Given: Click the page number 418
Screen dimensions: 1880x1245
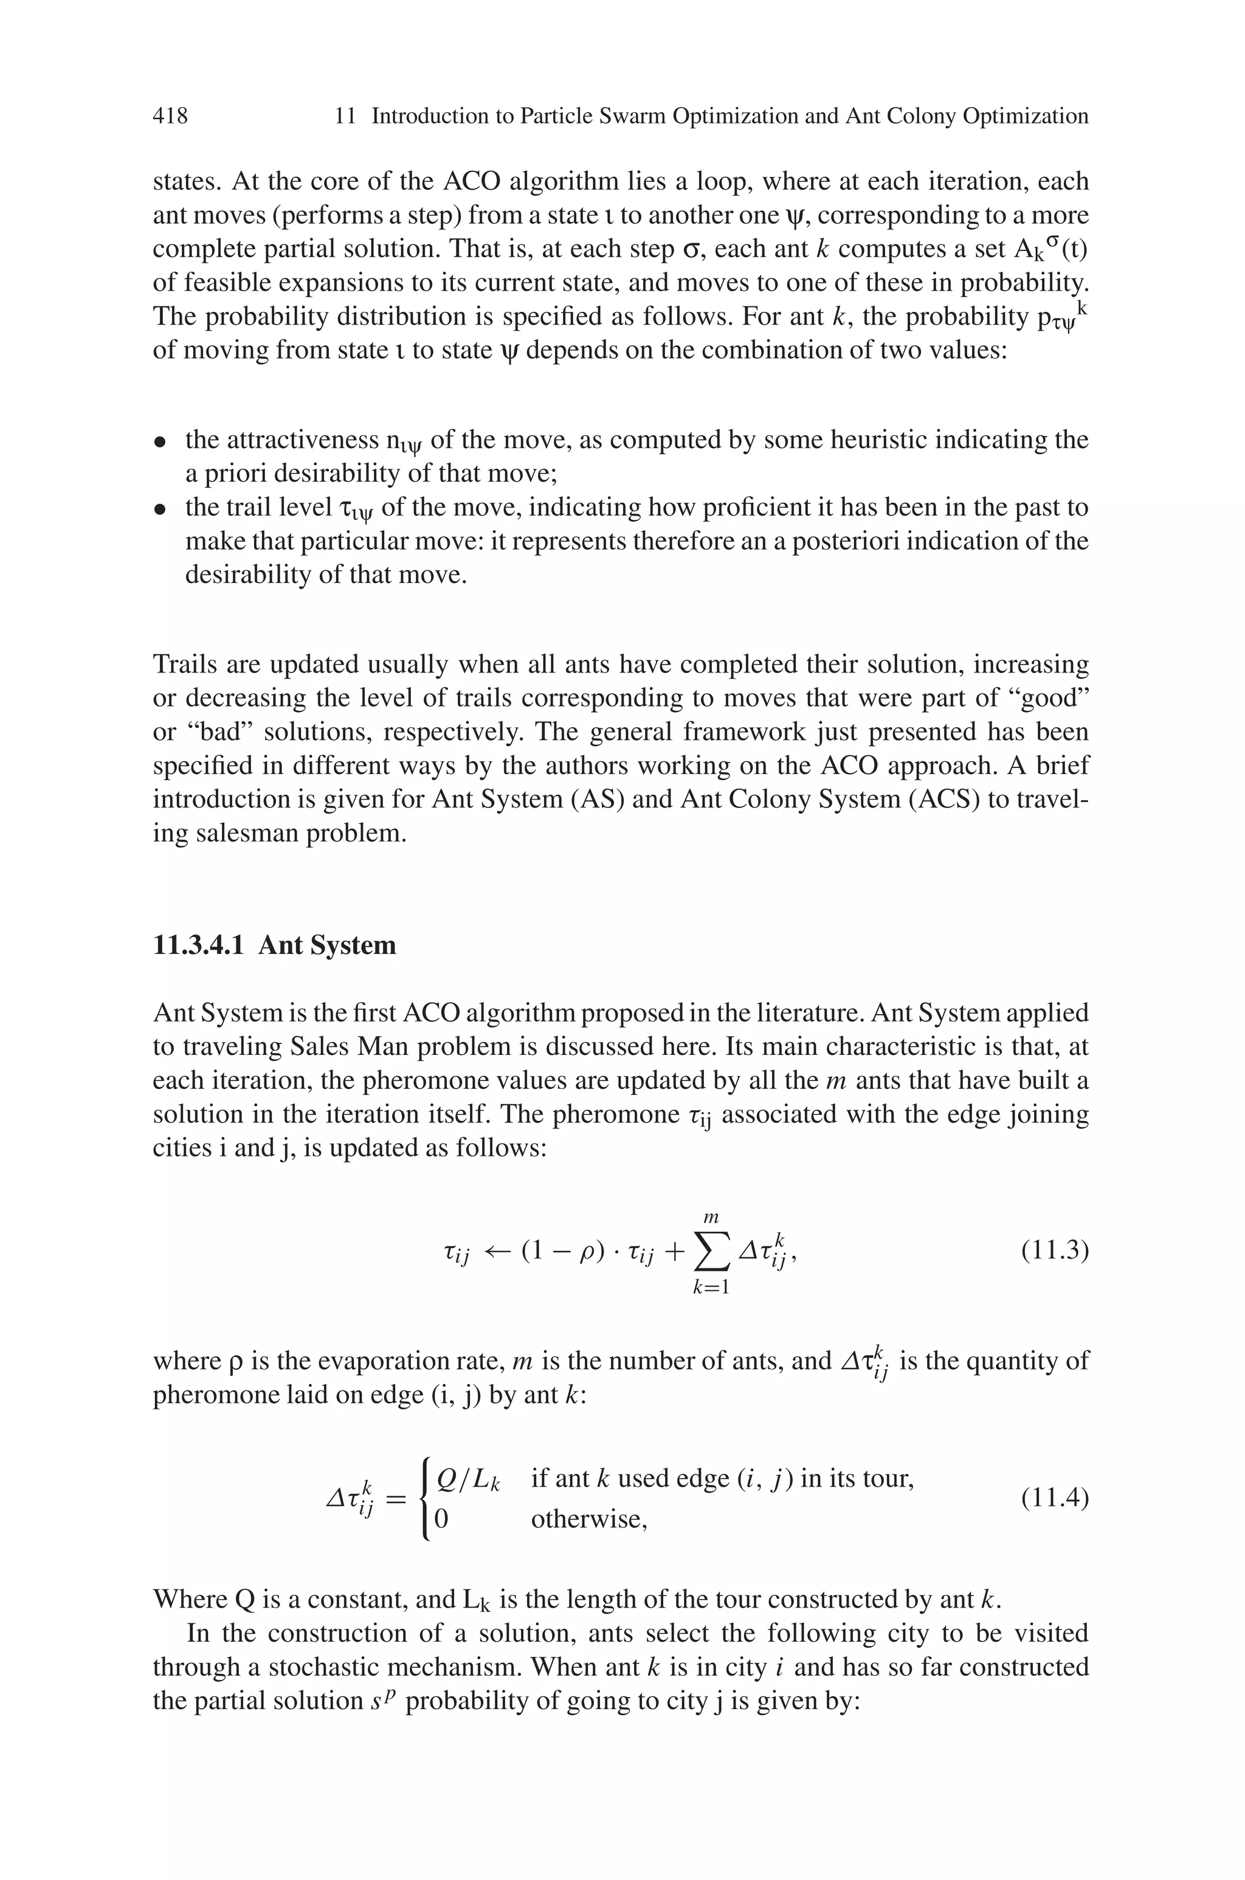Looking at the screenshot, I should click(170, 116).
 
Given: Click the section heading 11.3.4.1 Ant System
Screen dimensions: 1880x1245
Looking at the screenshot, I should click(274, 945).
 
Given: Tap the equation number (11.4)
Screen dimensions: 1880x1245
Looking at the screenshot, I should click(1055, 1498).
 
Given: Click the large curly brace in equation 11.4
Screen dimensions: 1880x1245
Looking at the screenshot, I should click(427, 1498).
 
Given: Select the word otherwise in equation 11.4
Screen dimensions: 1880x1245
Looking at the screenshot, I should click(588, 1519).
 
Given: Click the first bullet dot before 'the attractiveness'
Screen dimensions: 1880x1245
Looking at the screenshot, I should click(161, 441).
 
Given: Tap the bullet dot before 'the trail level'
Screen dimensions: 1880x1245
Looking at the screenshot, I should click(161, 509).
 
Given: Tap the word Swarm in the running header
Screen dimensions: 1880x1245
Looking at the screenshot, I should click(631, 116).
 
